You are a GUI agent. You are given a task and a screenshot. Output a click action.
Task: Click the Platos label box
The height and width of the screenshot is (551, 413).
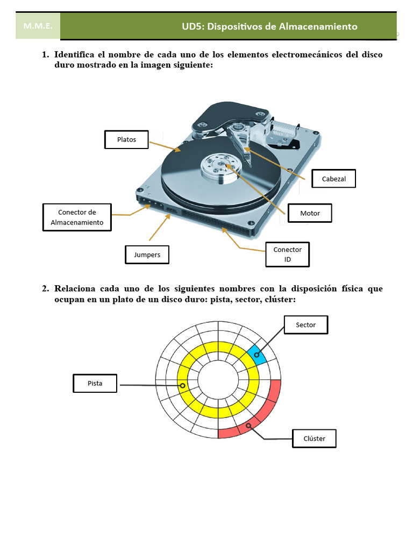point(126,139)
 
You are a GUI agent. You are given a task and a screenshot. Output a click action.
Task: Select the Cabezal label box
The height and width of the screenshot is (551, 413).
point(333,179)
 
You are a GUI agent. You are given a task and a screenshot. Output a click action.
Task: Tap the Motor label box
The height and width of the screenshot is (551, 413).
point(309,213)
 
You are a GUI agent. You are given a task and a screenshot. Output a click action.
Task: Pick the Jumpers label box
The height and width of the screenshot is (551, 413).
point(147,255)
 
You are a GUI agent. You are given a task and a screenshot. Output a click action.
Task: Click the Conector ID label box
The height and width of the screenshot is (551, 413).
point(287,255)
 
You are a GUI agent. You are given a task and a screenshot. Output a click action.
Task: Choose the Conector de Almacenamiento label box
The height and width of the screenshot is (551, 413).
point(77,217)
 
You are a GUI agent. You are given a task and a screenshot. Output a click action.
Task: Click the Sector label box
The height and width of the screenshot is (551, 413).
point(305,325)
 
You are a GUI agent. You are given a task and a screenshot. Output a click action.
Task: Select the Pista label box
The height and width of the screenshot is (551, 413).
point(95,384)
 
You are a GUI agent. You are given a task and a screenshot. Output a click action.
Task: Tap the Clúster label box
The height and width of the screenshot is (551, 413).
point(314,438)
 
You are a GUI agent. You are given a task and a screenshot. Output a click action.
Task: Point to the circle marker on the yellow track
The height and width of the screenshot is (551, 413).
point(183,386)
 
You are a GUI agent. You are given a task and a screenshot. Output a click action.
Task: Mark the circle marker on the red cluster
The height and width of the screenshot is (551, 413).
point(248,426)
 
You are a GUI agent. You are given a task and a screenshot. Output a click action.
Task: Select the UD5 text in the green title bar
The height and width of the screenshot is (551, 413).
point(194,26)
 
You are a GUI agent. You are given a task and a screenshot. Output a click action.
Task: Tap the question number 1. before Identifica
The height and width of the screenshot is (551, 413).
point(45,55)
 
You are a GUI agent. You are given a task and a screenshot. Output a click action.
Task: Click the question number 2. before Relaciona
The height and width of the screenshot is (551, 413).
point(45,288)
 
